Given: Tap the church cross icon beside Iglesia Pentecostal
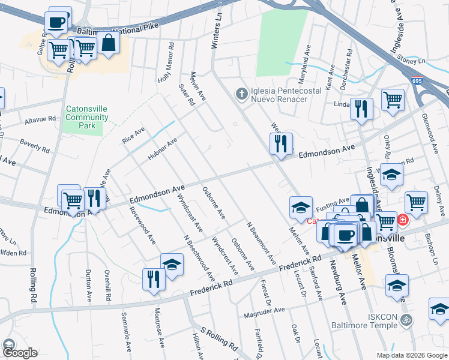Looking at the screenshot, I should pos(241,93).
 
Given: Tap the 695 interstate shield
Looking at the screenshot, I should pos(416,80).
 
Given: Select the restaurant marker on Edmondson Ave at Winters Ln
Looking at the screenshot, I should pos(281,143).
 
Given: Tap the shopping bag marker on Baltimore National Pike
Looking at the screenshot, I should pos(109,43).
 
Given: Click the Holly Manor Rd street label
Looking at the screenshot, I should pos(166,62).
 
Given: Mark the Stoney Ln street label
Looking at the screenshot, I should pos(412,61).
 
